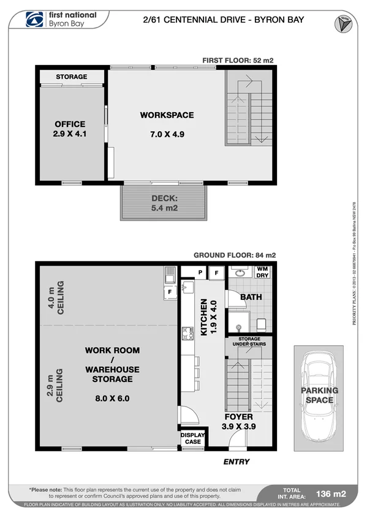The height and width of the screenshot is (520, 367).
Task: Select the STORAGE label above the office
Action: coord(72,77)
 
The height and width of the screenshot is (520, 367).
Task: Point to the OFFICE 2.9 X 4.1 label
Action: coord(70,128)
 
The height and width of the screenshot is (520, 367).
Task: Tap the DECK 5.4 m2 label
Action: coord(164,202)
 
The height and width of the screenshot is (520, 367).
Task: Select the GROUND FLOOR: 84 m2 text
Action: coord(235,254)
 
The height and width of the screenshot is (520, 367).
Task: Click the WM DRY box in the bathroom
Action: coord(262,272)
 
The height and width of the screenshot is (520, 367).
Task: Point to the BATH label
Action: coord(251,297)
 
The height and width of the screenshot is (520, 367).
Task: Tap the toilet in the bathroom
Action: coord(261,323)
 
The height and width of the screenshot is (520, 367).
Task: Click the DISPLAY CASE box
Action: coord(191,438)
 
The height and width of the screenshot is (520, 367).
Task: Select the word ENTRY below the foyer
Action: coord(236,462)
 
